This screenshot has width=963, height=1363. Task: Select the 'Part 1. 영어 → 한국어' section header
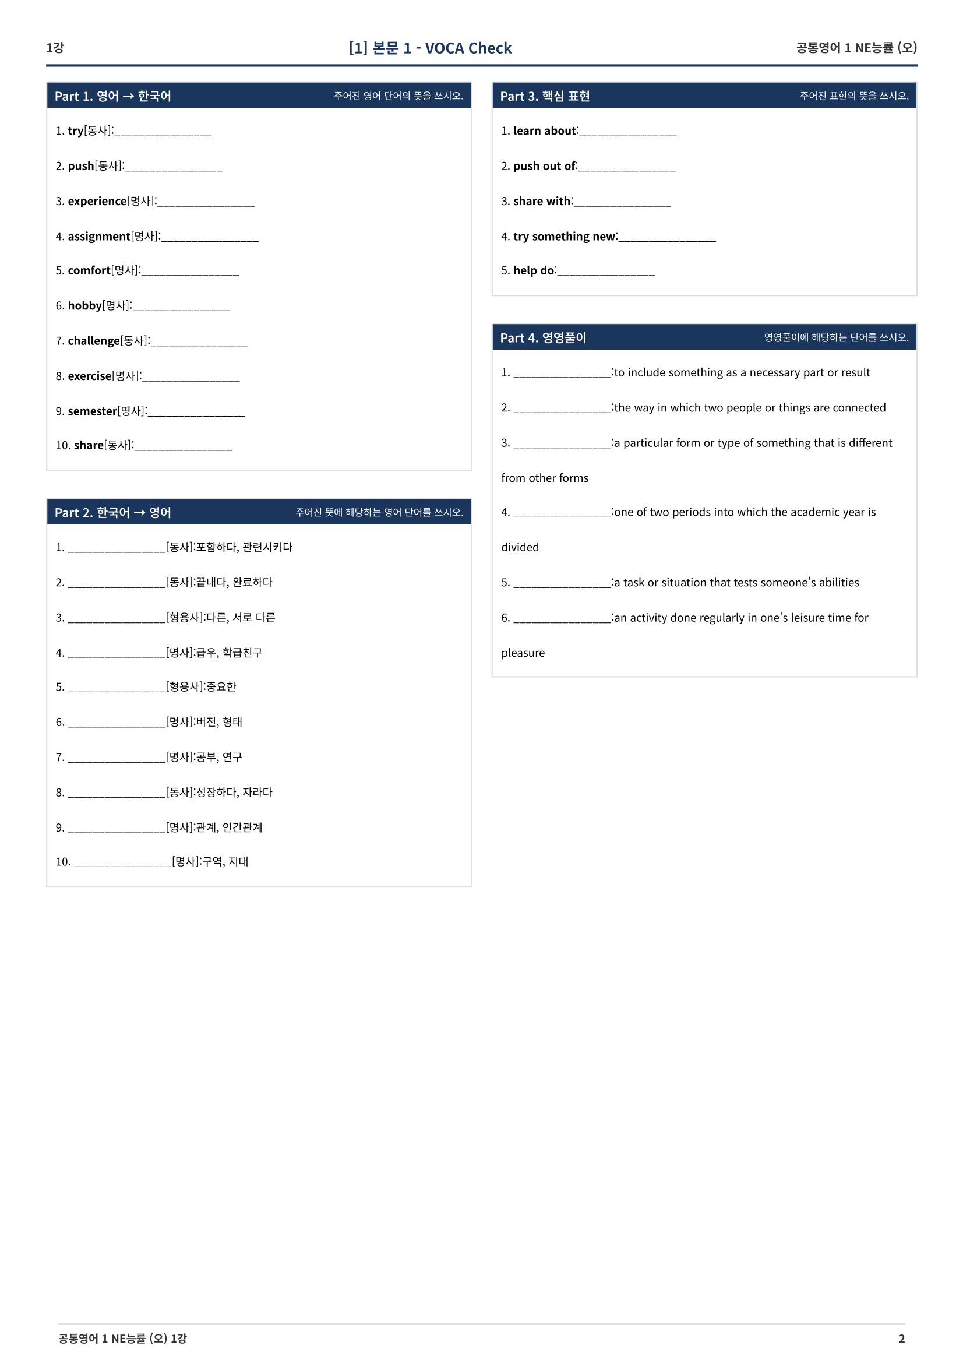click(113, 96)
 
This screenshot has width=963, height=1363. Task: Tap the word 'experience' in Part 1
click(97, 201)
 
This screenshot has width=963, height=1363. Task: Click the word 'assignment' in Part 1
click(99, 236)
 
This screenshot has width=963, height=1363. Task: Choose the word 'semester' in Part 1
click(92, 411)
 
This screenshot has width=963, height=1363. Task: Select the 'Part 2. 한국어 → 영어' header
click(113, 512)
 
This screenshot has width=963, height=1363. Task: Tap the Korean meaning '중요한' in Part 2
click(221, 687)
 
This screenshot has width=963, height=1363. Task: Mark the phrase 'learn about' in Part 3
click(544, 131)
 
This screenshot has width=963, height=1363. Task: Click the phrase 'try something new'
click(565, 236)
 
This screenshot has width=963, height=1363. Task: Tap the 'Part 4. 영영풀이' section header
click(542, 338)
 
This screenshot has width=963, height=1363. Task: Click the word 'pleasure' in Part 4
click(523, 653)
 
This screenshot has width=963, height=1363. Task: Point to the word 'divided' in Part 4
click(520, 547)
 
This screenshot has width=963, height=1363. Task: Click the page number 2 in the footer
click(901, 1338)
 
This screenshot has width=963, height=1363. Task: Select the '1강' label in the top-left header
click(55, 47)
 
